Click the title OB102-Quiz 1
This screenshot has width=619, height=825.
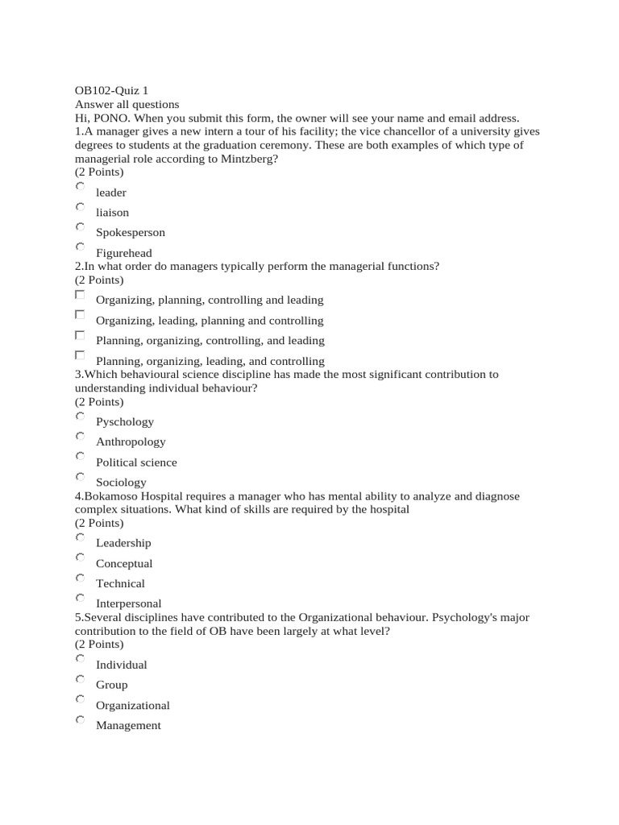coord(111,91)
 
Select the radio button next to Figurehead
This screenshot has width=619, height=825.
coord(80,247)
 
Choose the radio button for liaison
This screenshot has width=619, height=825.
coord(80,206)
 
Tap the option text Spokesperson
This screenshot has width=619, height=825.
coord(131,233)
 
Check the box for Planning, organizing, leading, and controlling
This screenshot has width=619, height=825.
coord(80,354)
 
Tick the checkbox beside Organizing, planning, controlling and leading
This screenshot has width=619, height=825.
coord(80,294)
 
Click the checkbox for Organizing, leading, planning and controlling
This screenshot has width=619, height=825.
coord(80,314)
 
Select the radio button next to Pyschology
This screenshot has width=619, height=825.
coord(80,416)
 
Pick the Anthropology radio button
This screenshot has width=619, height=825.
coord(80,436)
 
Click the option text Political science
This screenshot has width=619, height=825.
coord(136,462)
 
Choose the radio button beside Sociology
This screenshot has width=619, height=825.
coord(80,476)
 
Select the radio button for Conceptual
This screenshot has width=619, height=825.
coord(80,558)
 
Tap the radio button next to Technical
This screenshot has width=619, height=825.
coord(80,578)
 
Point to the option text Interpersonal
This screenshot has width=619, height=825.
coord(129,603)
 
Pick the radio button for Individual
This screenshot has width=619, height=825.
coord(80,658)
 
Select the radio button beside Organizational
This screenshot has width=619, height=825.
coord(80,699)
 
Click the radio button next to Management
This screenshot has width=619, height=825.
coord(80,719)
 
